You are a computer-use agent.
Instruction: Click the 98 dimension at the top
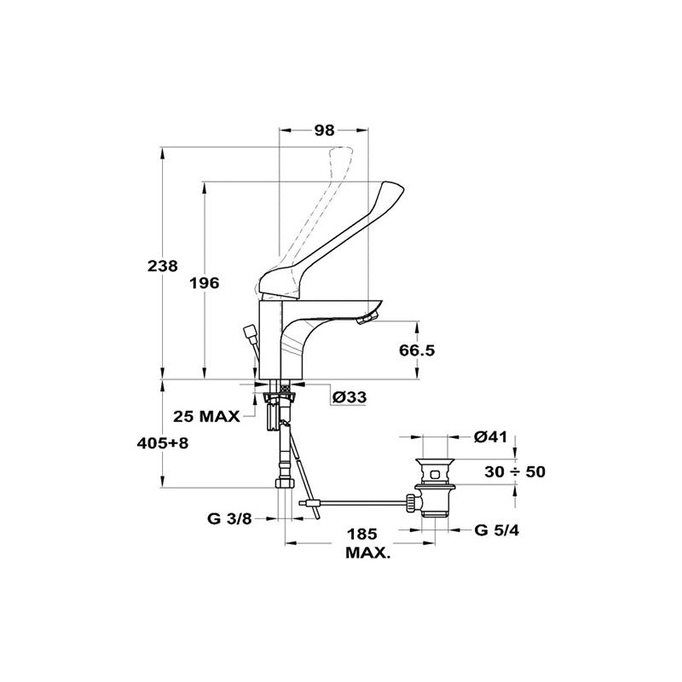(324, 130)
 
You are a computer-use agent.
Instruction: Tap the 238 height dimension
(163, 266)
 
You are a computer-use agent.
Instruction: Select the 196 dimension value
(205, 284)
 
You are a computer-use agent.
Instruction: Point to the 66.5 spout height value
(417, 350)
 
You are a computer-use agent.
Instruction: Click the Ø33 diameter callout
(349, 396)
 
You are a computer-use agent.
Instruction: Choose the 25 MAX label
(206, 416)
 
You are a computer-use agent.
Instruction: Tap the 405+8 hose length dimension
(163, 443)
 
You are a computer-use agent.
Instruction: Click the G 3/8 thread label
(229, 518)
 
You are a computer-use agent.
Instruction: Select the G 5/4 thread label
(497, 529)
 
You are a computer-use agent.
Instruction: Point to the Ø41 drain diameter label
(491, 436)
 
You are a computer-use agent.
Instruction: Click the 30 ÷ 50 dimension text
(515, 471)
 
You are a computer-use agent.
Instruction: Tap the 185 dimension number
(361, 534)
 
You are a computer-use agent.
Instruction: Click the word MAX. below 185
(367, 553)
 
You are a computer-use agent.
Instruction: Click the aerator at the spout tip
(367, 319)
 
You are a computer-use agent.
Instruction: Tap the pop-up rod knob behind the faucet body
(250, 332)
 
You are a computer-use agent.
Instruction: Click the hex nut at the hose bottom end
(285, 483)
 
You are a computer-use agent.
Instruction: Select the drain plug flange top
(435, 461)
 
